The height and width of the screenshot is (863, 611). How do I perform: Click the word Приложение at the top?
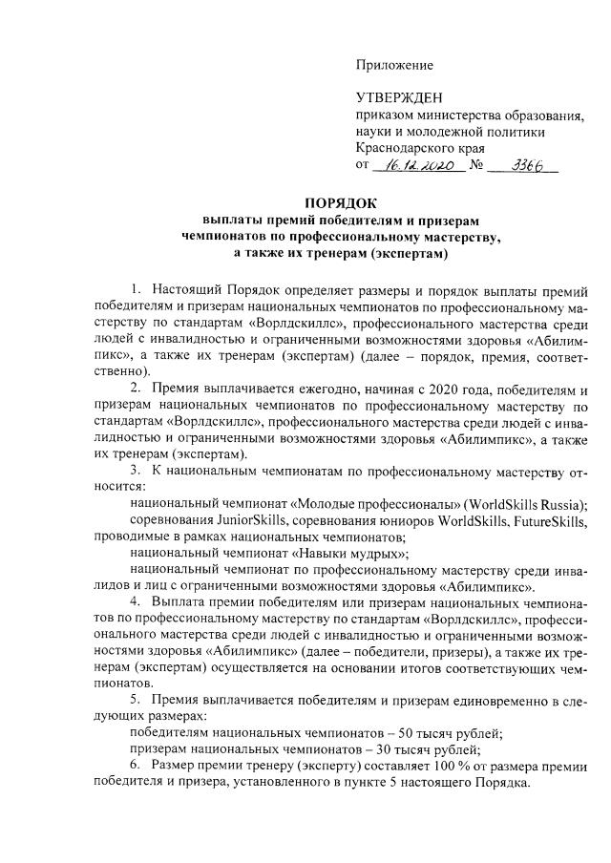tap(393, 65)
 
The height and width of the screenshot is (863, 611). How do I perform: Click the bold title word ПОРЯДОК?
tap(341, 202)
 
